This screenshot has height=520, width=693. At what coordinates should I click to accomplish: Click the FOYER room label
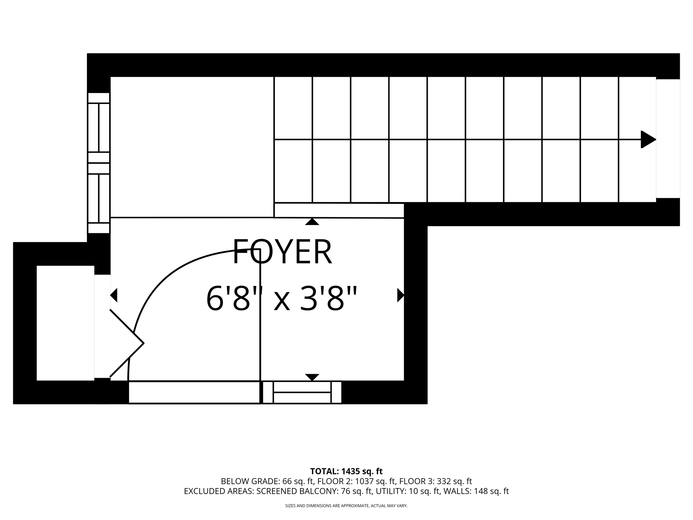(x=282, y=252)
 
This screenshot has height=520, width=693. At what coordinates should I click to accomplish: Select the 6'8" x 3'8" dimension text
(x=282, y=299)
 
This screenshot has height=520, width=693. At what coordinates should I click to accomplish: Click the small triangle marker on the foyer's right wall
(x=401, y=295)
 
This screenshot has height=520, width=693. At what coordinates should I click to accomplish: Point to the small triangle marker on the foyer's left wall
(x=114, y=295)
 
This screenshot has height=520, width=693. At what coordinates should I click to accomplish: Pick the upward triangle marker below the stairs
(x=312, y=222)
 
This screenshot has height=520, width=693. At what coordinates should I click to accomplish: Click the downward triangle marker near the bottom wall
(x=312, y=377)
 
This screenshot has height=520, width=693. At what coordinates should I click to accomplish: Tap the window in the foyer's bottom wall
(x=302, y=392)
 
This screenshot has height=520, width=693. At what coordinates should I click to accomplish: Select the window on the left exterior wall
(x=99, y=163)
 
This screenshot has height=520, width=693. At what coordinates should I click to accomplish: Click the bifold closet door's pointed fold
(x=143, y=343)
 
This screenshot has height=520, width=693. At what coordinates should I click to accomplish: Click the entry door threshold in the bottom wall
(x=194, y=392)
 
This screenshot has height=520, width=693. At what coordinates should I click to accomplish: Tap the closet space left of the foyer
(x=65, y=323)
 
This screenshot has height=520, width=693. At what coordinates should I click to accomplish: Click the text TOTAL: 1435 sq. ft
(x=346, y=471)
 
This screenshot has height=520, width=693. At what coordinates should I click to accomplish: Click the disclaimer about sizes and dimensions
(x=346, y=506)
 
